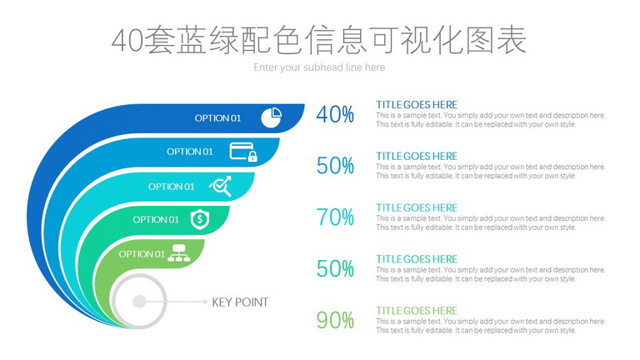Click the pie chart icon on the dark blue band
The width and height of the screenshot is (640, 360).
tap(272, 117)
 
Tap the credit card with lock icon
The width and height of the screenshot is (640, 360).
tap(243, 152)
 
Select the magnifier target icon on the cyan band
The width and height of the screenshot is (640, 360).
tap(221, 186)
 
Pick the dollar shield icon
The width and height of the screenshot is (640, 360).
tap(200, 219)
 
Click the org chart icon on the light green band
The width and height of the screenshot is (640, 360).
tap(179, 253)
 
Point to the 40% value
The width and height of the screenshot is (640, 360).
tap(335, 114)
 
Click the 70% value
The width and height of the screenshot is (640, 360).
tap(335, 217)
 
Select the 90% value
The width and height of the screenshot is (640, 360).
tap(335, 320)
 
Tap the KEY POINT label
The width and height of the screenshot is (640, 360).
tap(240, 302)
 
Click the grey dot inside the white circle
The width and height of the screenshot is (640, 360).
tap(139, 302)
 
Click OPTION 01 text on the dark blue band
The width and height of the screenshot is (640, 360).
tap(217, 118)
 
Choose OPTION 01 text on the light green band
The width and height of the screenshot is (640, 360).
tap(142, 254)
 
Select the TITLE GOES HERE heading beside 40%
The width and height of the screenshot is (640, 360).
tap(417, 104)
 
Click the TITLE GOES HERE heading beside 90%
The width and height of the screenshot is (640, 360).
tap(417, 310)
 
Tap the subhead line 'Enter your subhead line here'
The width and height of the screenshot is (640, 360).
tap(319, 67)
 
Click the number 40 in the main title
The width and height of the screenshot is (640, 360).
tap(127, 41)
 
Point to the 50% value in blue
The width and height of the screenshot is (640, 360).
tap(335, 166)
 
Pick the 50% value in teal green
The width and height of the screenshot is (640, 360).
tap(335, 268)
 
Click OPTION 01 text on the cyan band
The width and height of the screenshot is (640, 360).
tap(171, 187)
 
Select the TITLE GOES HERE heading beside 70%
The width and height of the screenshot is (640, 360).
tap(417, 207)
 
